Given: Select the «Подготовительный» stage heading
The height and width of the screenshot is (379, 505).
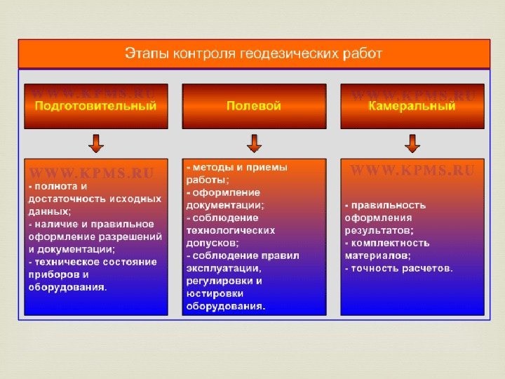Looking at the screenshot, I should pos(95,106).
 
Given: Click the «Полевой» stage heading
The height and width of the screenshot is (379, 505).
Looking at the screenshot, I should pos(254,106).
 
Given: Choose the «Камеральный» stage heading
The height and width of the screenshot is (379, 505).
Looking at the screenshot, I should pos(412,106).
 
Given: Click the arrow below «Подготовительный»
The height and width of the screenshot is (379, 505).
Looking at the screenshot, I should pos(96,143).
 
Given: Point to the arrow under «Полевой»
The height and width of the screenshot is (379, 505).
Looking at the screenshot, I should pos(254,143).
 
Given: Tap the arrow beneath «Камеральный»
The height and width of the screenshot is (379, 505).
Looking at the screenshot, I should pos(412,143).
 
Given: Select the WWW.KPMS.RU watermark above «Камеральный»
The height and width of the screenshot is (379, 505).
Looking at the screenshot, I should pos(413,95).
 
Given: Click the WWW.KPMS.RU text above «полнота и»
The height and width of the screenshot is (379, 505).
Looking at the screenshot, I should pos(91,172).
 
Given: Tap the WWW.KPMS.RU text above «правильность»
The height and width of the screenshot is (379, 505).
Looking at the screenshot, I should pos(412,171).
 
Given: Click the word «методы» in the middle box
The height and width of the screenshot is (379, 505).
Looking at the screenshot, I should pos(211,168).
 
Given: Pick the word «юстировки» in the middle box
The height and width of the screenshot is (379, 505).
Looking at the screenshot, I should pos(213,293).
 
